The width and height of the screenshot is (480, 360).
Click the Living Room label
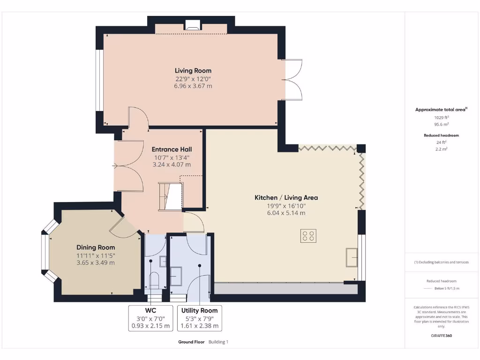pos(193,71)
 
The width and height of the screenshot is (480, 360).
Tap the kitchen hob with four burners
pos(308,236)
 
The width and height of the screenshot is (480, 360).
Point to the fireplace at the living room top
pos(192,26)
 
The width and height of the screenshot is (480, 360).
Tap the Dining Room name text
pos(96,247)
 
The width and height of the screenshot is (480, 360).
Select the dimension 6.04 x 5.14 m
pos(286,213)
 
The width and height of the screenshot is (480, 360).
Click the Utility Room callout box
pos(199,318)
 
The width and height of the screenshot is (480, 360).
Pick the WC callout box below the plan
pos(150,318)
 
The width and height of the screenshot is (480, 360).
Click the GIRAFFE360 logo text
pos(441,336)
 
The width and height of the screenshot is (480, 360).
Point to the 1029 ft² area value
pos(441,118)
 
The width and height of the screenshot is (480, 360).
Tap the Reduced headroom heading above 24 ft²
pos(441,135)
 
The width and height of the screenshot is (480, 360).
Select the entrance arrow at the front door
pos(115,165)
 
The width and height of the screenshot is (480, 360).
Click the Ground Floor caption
pos(191,342)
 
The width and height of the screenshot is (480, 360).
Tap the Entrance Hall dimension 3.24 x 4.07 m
pos(172,165)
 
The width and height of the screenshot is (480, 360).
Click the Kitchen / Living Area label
pos(286,198)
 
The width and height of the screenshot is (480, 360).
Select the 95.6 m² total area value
pos(441,125)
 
